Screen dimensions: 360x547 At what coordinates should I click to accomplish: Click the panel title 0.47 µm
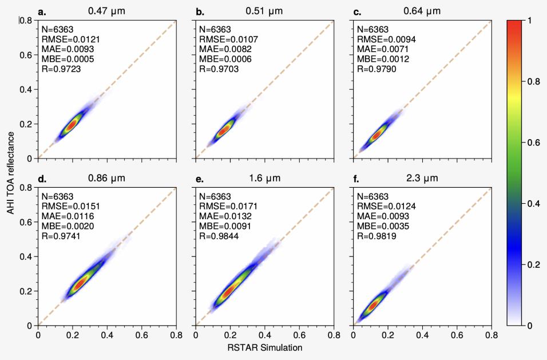click(x=106, y=11)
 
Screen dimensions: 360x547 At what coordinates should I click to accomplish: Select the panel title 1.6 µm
click(x=264, y=178)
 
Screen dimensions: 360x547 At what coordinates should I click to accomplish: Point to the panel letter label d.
click(x=42, y=179)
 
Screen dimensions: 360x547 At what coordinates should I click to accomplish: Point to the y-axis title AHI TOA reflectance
click(x=10, y=172)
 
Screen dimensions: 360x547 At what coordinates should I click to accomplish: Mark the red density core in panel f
click(x=372, y=305)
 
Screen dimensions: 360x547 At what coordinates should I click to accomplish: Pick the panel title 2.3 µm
click(x=422, y=178)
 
